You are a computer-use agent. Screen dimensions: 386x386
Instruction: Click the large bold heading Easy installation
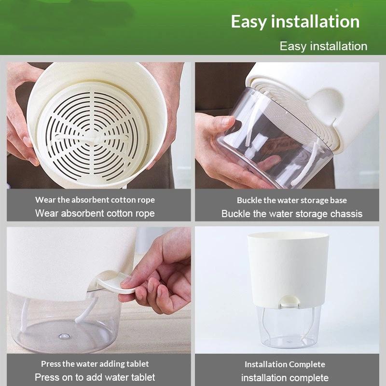pyautogui.click(x=295, y=22)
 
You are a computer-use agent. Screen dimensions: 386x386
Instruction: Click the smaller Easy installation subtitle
pyautogui.click(x=323, y=46)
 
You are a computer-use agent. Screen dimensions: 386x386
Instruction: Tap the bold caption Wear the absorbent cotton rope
pyautogui.click(x=95, y=200)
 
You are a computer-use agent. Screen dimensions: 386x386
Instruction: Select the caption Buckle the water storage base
pyautogui.click(x=292, y=200)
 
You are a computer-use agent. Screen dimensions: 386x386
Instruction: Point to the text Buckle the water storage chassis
pyautogui.click(x=292, y=214)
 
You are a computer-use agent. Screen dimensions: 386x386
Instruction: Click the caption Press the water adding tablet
pyautogui.click(x=95, y=364)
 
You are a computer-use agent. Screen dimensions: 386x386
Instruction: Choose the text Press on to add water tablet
pyautogui.click(x=95, y=377)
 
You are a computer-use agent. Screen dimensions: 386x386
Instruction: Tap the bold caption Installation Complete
pyautogui.click(x=285, y=364)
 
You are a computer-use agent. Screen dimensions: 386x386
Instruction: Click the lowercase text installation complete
pyautogui.click(x=285, y=378)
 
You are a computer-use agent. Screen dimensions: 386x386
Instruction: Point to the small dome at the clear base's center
pyautogui.click(x=64, y=336)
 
